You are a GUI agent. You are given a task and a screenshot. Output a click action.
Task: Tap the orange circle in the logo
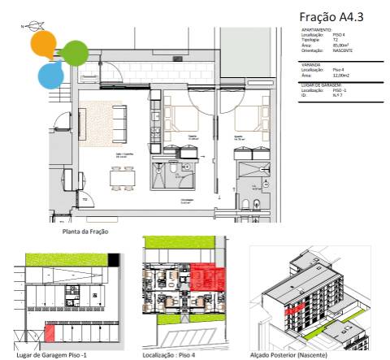(x=43, y=43)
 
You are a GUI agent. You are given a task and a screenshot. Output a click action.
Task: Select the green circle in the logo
(x=75, y=53)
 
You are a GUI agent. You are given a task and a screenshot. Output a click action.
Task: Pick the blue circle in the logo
(x=50, y=75)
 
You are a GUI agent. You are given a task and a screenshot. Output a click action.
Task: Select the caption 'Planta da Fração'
(x=85, y=231)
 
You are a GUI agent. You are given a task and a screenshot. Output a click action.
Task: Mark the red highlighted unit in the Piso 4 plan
(x=201, y=277)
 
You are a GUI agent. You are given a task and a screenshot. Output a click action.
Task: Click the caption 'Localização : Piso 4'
(x=170, y=354)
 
